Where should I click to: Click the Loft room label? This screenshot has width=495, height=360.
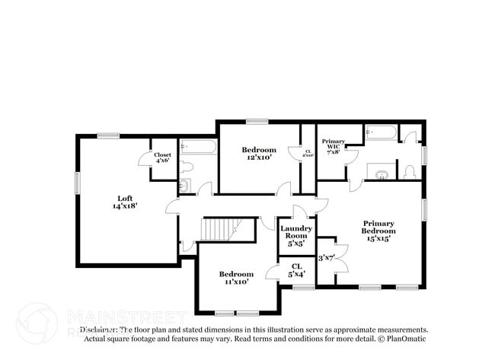[125, 198]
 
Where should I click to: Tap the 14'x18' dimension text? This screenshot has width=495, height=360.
[125, 205]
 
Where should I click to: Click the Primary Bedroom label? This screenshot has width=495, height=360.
[378, 227]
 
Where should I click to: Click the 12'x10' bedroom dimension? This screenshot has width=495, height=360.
[259, 158]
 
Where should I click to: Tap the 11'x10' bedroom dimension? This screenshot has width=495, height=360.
[236, 282]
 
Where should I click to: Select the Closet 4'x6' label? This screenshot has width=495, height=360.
[163, 158]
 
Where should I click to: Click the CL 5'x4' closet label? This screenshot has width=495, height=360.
[296, 269]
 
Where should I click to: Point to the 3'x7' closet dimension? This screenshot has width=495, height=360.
[327, 257]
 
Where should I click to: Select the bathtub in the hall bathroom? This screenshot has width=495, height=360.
[198, 146]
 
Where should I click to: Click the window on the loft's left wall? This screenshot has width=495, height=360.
[77, 183]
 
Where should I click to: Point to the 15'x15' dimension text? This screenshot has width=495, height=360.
[378, 238]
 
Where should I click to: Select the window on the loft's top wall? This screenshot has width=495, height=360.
[108, 135]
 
